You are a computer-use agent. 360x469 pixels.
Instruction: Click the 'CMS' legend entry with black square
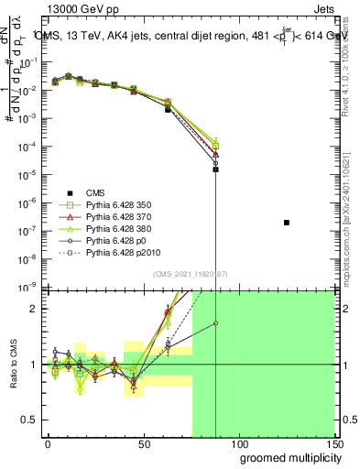point(96,192)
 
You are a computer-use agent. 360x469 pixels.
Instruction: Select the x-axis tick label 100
point(239,442)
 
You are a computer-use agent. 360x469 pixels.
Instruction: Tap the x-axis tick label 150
point(333,442)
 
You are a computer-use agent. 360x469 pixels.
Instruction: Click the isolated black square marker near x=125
point(287,223)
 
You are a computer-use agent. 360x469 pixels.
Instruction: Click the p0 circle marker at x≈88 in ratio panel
point(215,322)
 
